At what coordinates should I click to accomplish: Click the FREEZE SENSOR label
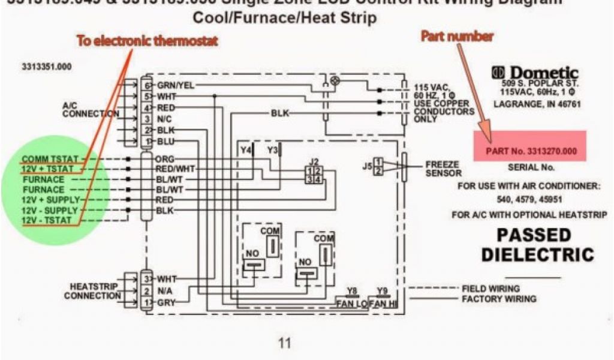(442, 168)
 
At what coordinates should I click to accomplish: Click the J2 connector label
(314, 161)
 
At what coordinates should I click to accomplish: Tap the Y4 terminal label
(246, 149)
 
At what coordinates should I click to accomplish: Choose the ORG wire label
(165, 160)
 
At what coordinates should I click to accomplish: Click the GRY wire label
(165, 303)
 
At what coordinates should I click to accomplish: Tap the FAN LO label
(352, 304)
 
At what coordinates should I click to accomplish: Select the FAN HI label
(383, 304)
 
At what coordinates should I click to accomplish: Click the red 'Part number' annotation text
(457, 36)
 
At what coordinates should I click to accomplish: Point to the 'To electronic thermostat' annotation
(146, 41)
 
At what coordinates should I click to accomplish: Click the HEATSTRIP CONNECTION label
(92, 292)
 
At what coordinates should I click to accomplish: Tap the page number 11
(284, 343)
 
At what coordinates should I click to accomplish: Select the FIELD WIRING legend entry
(490, 289)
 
